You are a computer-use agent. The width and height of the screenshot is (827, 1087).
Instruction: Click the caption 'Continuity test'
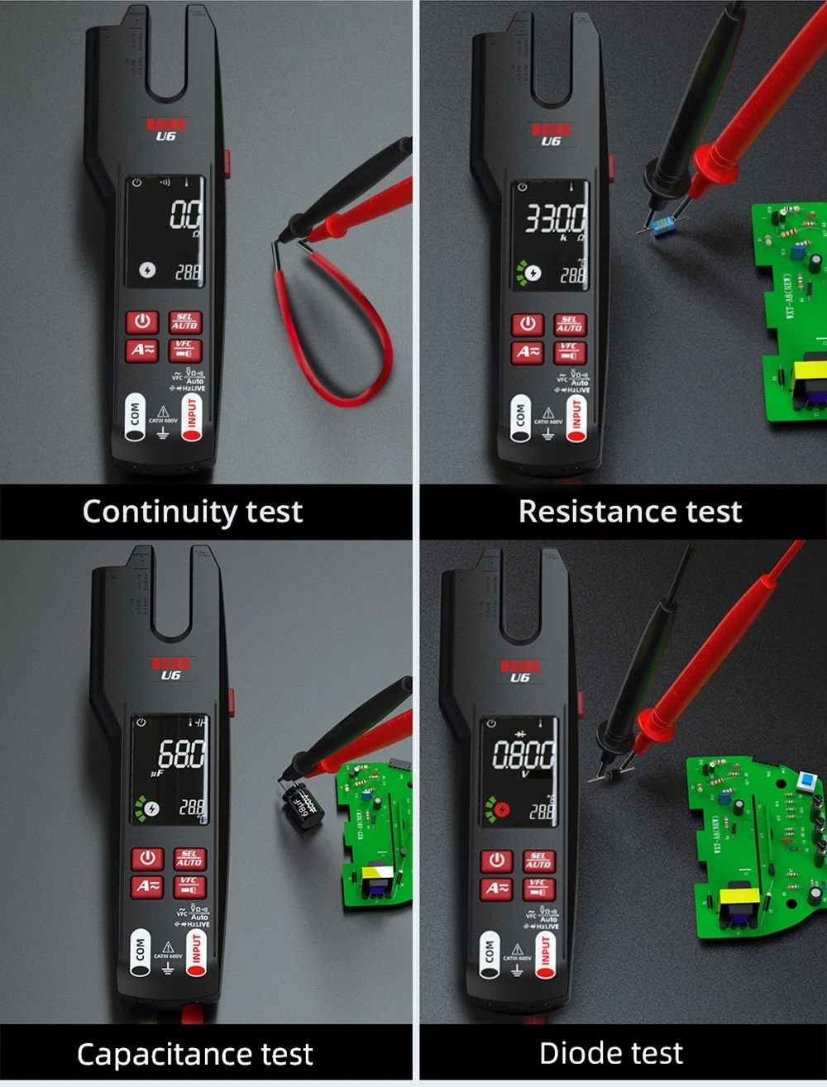coord(193,512)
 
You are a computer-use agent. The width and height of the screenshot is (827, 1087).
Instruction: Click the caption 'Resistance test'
coord(629,512)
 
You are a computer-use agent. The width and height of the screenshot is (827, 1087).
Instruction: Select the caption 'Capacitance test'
coord(194,1055)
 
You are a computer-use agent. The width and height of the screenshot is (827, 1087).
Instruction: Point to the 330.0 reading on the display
coord(556,219)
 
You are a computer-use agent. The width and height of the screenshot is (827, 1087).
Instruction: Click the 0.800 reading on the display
coord(523,755)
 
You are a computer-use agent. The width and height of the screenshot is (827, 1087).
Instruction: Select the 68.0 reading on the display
coord(181,754)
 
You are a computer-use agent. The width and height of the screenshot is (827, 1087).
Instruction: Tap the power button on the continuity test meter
coord(142,322)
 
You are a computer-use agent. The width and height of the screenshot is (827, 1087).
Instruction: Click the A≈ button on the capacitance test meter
coord(147,886)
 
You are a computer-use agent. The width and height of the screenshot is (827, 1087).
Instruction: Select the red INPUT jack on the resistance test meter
coord(576,418)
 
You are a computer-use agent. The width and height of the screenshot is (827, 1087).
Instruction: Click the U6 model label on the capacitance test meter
coord(170,675)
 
